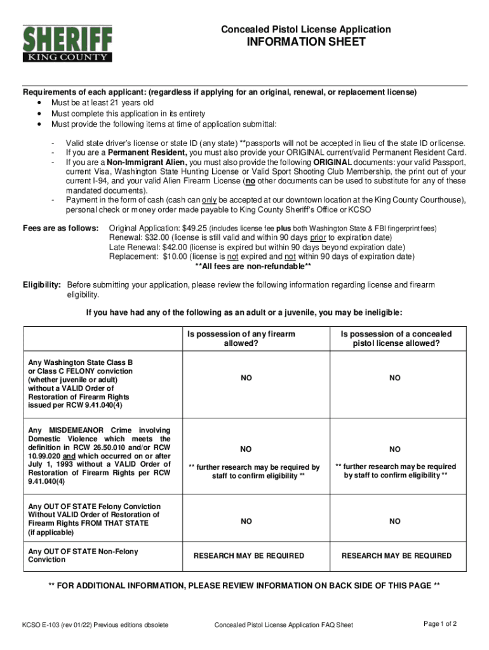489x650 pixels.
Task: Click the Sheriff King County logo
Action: tap(67, 43)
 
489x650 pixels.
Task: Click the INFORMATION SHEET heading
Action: tap(306, 43)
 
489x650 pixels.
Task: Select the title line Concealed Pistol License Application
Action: tap(305, 29)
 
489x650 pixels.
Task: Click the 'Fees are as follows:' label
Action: tap(60, 228)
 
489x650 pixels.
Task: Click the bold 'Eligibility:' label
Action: tap(42, 285)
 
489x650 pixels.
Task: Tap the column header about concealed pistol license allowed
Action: tap(395, 338)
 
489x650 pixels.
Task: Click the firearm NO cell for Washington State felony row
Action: tap(246, 378)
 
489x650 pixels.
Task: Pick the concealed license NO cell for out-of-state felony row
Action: tap(395, 521)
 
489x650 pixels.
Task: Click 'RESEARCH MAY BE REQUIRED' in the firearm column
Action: tap(248, 555)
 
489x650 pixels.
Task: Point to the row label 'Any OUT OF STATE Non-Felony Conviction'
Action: tap(83, 555)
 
